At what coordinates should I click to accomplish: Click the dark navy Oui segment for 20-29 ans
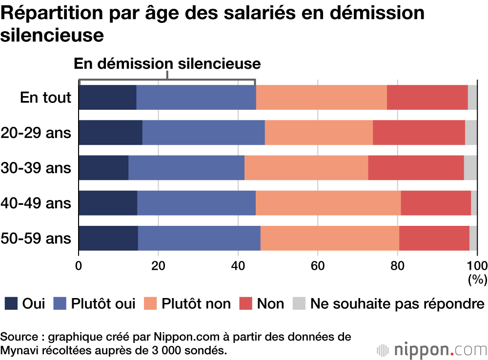[x=110, y=132]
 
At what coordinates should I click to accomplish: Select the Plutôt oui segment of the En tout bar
[x=196, y=97]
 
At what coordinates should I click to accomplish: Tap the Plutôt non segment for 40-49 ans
[x=328, y=203]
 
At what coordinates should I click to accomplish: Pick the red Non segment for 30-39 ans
[x=416, y=168]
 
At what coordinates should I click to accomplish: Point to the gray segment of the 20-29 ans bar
[x=471, y=132]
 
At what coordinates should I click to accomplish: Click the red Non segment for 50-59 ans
[x=434, y=239]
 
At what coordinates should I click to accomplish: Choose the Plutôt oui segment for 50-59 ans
[x=199, y=239]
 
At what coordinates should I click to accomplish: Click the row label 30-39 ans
[x=36, y=168]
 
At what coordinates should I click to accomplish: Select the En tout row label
[x=45, y=98]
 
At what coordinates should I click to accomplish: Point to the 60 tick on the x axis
[x=318, y=266]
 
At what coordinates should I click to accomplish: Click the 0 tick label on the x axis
[x=79, y=266]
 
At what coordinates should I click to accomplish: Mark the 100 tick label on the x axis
[x=477, y=266]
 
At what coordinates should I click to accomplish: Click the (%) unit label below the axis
[x=477, y=280]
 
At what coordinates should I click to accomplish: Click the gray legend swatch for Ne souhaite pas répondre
[x=298, y=304]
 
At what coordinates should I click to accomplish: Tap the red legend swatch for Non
[x=245, y=304]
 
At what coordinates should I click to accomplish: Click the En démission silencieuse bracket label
[x=167, y=64]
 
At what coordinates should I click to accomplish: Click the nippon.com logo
[x=431, y=350]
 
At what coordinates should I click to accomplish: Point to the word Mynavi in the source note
[x=19, y=350]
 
